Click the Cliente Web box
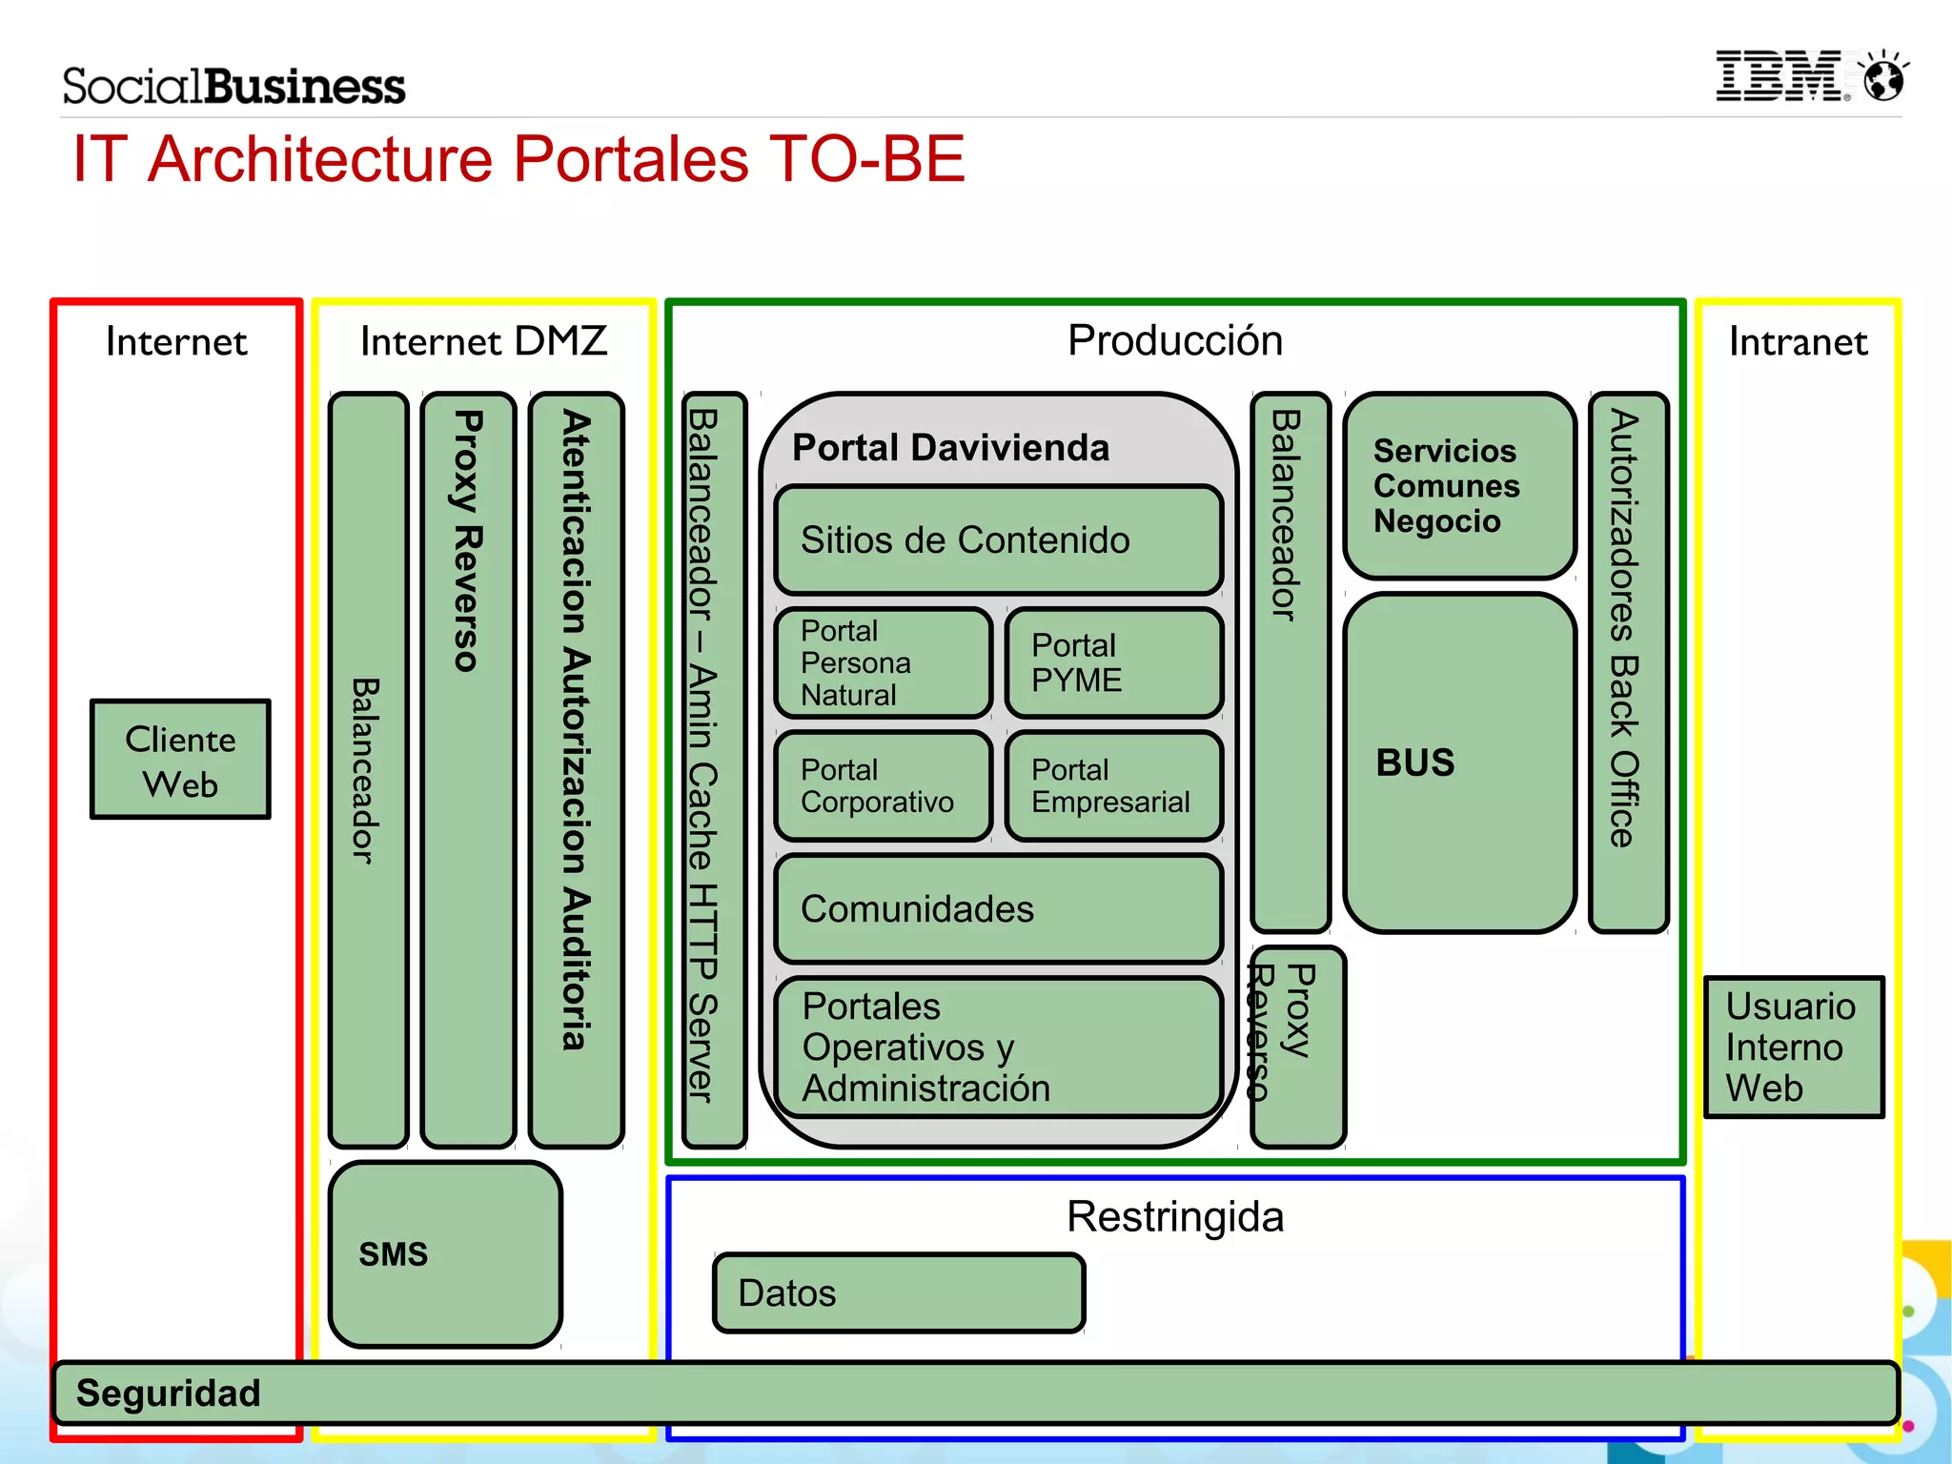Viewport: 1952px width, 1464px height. [x=180, y=760]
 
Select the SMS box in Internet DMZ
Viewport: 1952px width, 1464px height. [x=445, y=1253]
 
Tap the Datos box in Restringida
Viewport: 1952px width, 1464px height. [x=899, y=1292]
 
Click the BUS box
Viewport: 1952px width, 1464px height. [x=1459, y=762]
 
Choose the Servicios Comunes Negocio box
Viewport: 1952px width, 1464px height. [x=1459, y=486]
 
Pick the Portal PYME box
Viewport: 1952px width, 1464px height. [x=1113, y=663]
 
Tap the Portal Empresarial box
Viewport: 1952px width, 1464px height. [x=1113, y=785]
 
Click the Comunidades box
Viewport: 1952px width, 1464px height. [x=998, y=908]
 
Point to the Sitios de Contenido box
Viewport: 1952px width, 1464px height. [x=998, y=539]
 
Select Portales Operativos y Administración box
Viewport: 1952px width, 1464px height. [x=998, y=1047]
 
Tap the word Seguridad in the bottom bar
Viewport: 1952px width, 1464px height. [x=168, y=1393]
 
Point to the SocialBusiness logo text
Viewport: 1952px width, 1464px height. [x=234, y=86]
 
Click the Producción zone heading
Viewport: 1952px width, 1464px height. [x=1174, y=340]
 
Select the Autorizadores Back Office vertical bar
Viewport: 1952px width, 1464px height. [x=1628, y=662]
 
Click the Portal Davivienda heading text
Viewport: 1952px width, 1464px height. [x=950, y=447]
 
